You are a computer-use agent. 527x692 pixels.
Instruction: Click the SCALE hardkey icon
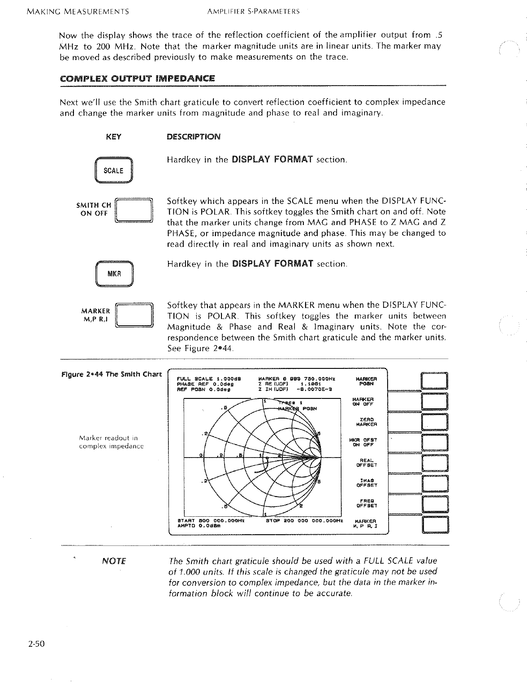pyautogui.click(x=113, y=171)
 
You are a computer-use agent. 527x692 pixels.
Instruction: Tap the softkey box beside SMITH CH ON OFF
pyautogui.click(x=134, y=210)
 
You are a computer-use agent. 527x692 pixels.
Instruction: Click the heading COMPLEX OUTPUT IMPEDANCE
pyautogui.click(x=138, y=79)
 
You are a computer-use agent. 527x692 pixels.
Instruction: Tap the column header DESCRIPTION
pyautogui.click(x=194, y=137)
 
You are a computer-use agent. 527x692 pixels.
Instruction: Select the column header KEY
pyautogui.click(x=113, y=137)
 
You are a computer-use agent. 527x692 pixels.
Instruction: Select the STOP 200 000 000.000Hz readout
pyautogui.click(x=304, y=521)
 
